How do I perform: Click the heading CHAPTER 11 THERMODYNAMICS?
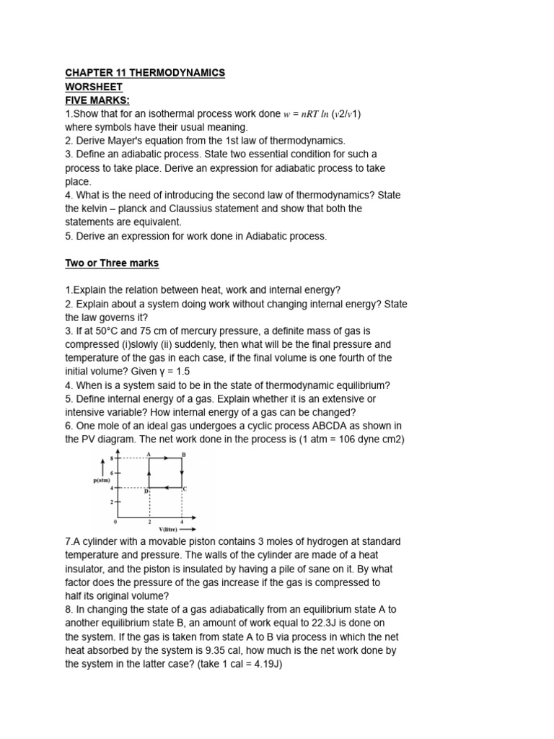click(145, 73)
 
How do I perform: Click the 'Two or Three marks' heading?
click(112, 263)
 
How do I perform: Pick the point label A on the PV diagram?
click(149, 454)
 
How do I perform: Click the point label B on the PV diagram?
click(183, 454)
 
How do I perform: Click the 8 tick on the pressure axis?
click(112, 458)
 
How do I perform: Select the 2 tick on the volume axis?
click(149, 521)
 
